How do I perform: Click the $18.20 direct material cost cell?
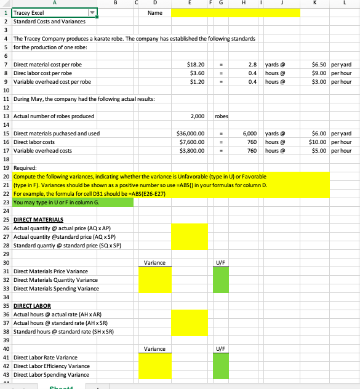tap(196, 64)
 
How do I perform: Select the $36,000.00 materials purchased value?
tap(190, 133)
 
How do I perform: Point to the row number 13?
tap(5, 116)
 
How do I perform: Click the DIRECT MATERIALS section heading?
tap(34, 219)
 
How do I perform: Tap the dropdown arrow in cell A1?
tap(93, 12)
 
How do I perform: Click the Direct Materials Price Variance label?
tap(50, 271)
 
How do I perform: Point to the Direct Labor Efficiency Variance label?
tap(52, 366)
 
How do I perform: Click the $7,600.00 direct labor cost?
tap(192, 142)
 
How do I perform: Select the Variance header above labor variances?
tap(154, 349)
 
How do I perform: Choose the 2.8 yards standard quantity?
tap(252, 64)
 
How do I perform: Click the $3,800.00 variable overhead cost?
tap(192, 150)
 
